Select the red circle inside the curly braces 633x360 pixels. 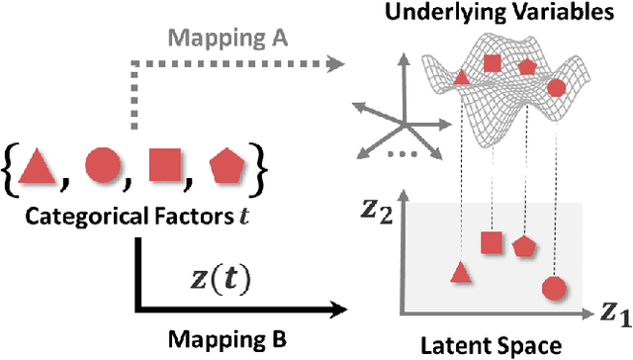[103, 162]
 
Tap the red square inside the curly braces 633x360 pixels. [163, 162]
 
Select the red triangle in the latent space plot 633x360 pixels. [458, 273]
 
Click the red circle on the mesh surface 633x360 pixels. [556, 88]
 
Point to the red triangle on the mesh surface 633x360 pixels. [460, 75]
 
